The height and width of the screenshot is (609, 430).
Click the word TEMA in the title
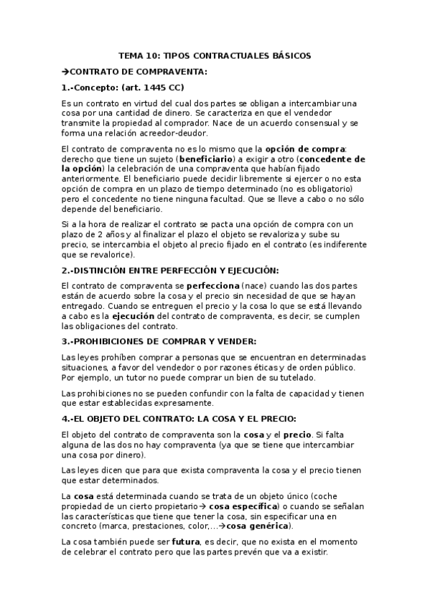[131, 55]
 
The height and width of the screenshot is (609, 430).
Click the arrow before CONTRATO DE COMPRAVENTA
[66, 72]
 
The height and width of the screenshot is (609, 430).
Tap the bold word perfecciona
[212, 285]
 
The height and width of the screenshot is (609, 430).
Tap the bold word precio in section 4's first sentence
[297, 434]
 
